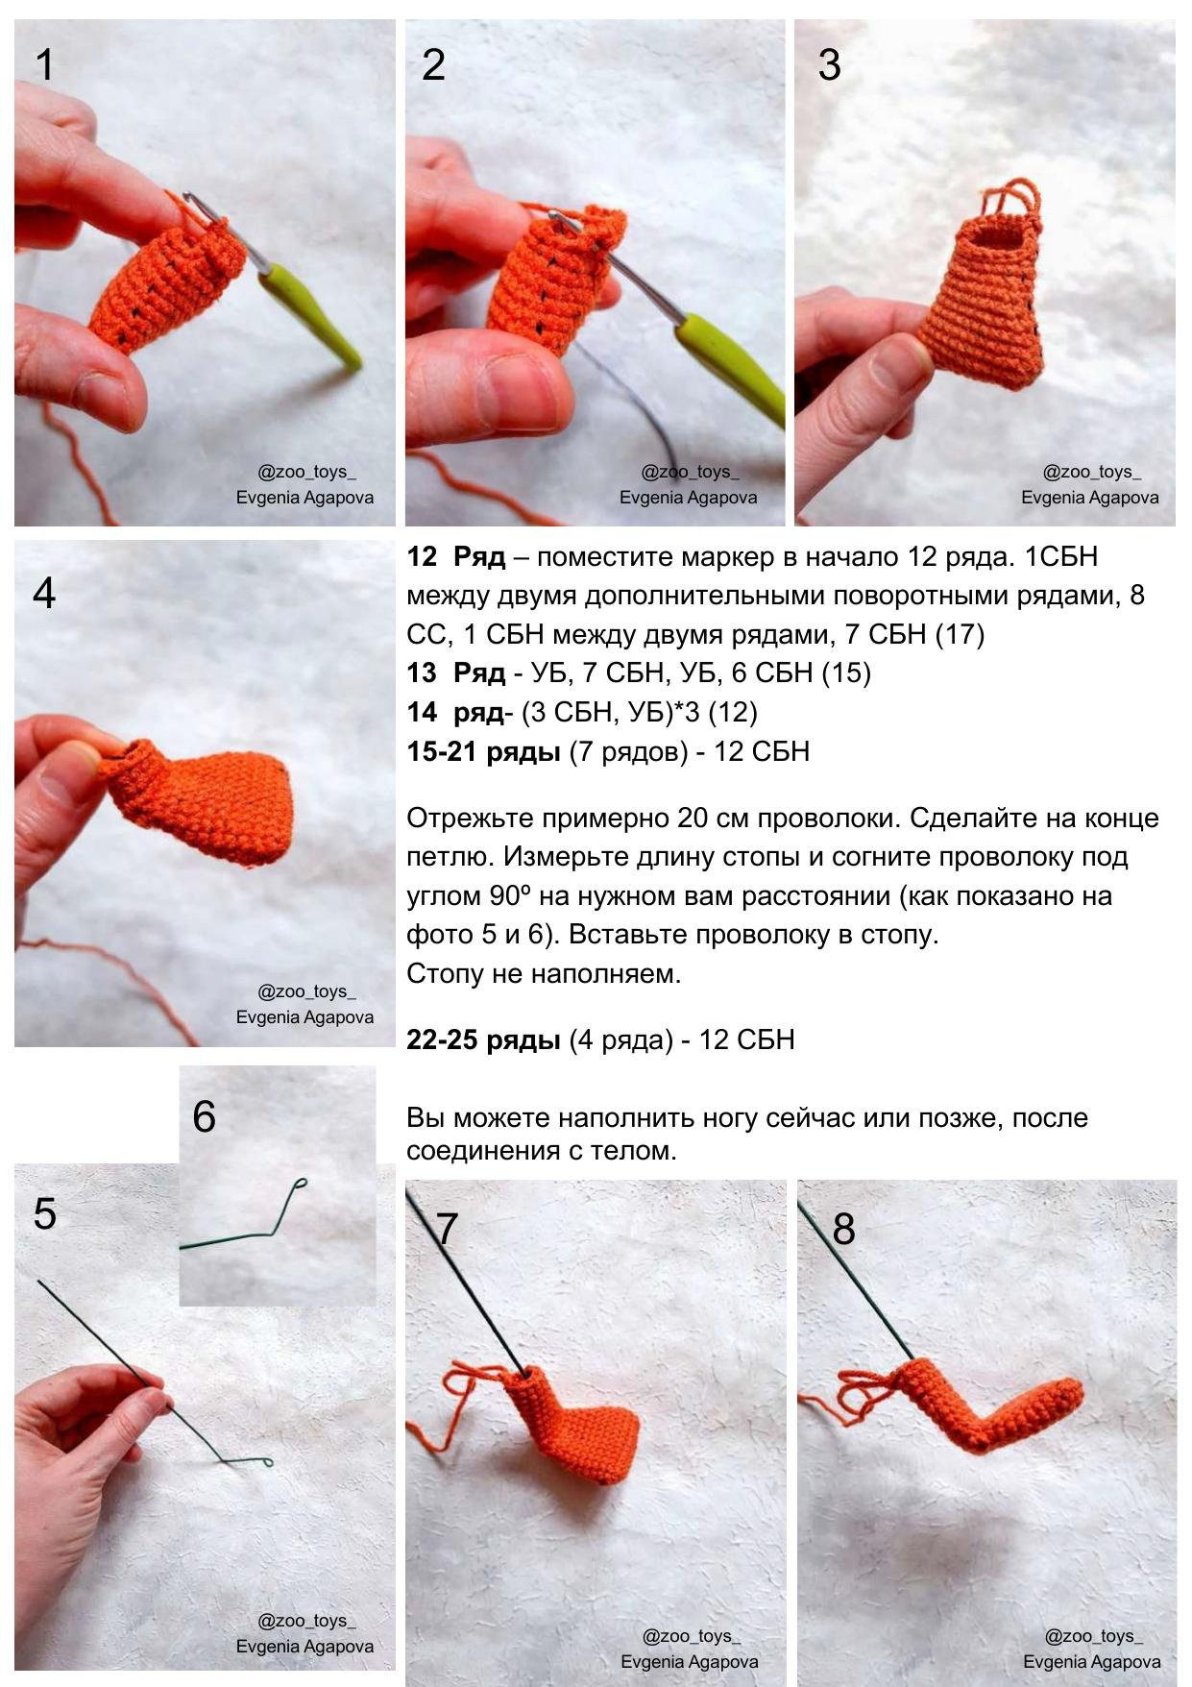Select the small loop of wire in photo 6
(x=301, y=1184)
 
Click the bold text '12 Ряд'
(x=456, y=557)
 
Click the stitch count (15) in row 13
(x=846, y=673)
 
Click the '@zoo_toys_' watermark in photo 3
(x=1091, y=472)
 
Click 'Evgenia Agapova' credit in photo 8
(x=1091, y=1661)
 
